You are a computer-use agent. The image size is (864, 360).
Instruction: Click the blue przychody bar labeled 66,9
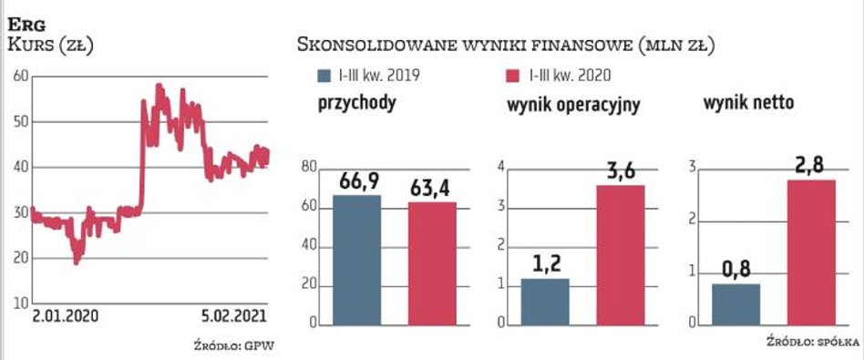click(356, 260)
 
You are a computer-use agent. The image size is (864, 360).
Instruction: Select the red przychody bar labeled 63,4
click(431, 263)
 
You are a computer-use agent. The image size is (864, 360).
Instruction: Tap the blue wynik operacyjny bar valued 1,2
click(545, 302)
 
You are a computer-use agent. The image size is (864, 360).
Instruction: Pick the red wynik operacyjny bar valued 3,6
click(621, 255)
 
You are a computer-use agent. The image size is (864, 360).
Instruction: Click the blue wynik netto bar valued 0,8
click(735, 304)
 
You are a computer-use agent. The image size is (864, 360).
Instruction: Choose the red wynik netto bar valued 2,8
click(810, 252)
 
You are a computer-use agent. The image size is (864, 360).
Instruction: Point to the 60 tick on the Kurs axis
click(18, 77)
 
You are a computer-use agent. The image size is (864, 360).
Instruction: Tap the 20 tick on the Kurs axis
click(18, 257)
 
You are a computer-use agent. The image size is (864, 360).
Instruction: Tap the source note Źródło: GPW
click(234, 345)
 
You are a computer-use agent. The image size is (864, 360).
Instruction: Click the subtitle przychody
click(356, 104)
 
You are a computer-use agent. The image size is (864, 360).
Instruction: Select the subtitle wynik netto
click(748, 104)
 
